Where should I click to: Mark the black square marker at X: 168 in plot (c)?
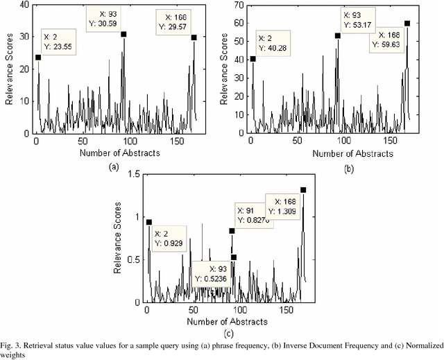303,189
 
